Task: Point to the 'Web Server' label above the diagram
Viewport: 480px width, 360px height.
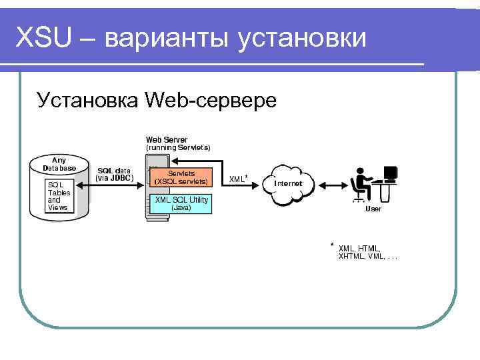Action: [167, 139]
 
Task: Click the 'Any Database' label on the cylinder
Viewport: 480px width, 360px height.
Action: [59, 163]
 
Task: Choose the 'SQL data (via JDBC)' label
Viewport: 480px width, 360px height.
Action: [114, 174]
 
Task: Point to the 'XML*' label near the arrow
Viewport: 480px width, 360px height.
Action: [239, 178]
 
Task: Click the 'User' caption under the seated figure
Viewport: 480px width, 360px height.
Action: [373, 209]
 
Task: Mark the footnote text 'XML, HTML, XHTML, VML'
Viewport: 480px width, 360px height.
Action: [367, 252]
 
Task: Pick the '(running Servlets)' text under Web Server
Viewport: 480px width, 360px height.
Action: [178, 147]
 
